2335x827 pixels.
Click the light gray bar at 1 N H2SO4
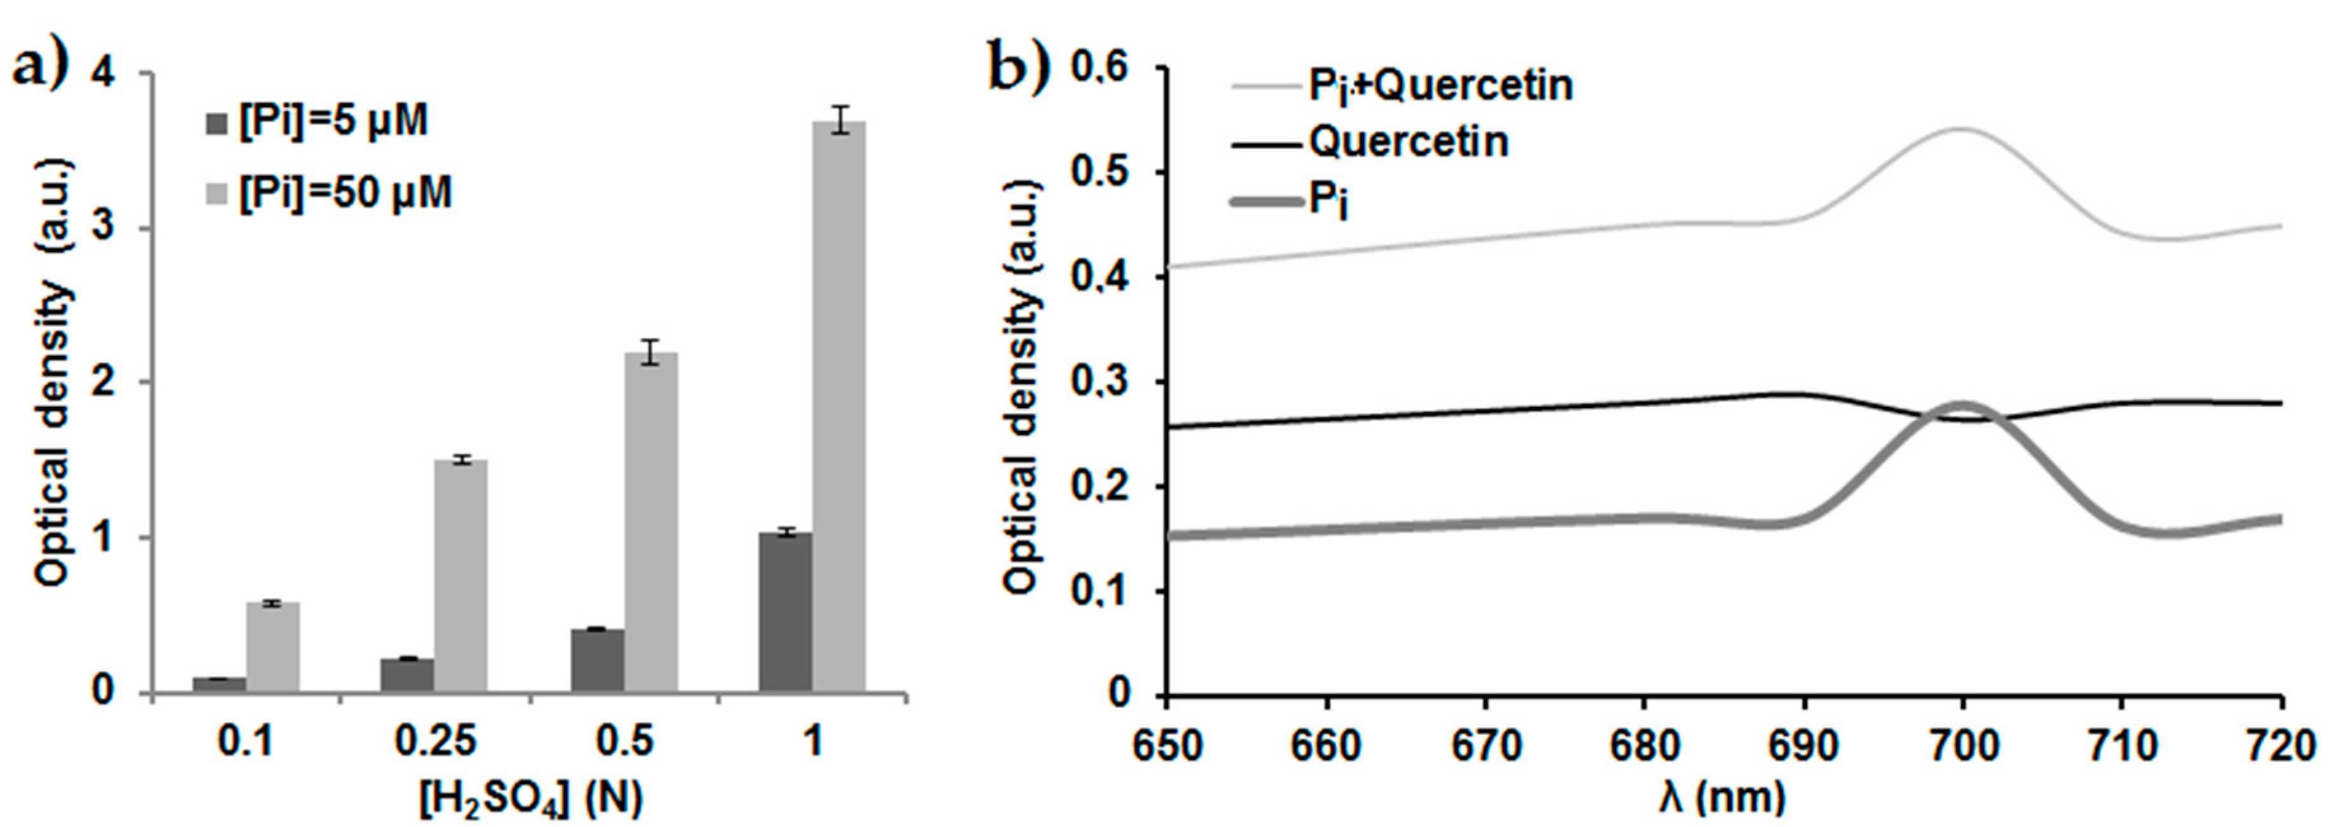tap(839, 408)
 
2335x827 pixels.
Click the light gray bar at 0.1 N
tap(273, 647)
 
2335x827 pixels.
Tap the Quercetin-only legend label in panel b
tap(1408, 141)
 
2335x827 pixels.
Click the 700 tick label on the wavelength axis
tap(1962, 746)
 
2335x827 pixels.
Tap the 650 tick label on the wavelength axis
tap(1167, 746)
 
